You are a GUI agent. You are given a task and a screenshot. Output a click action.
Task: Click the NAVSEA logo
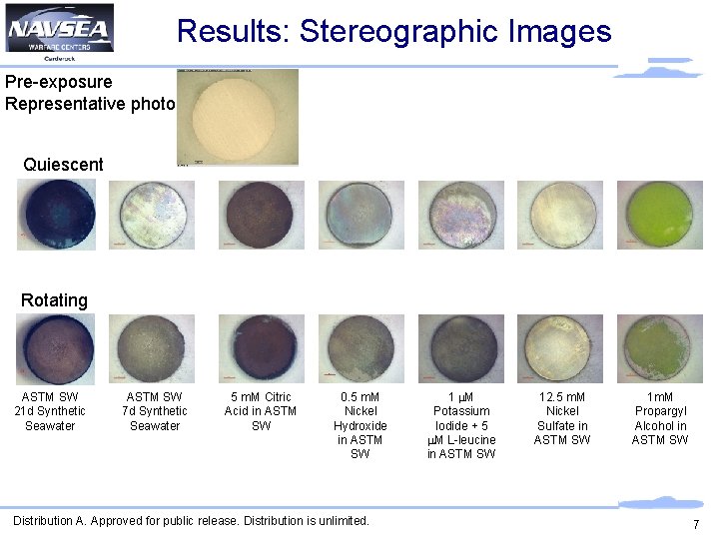tap(60, 30)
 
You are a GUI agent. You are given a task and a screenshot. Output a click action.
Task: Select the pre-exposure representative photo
tap(238, 117)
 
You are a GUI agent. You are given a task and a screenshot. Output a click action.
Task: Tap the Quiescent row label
tap(63, 165)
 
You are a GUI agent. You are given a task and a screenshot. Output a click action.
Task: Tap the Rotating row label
tap(54, 300)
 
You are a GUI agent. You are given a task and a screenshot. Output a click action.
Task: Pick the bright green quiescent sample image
tap(660, 215)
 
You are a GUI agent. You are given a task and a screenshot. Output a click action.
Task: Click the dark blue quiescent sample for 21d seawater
tap(56, 215)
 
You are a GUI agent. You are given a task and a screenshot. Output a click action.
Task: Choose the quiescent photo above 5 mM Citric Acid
tap(261, 215)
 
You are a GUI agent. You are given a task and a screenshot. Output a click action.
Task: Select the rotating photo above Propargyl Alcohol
tap(660, 349)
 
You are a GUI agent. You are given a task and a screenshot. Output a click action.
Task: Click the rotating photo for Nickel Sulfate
tap(561, 349)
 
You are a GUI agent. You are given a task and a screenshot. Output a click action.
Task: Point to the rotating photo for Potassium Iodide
tap(461, 349)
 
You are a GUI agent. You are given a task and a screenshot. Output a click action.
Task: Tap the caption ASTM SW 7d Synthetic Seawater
tap(155, 411)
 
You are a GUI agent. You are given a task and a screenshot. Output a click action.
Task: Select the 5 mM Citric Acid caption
tap(261, 411)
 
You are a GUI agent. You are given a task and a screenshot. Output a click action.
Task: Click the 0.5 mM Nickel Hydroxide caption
tap(360, 425)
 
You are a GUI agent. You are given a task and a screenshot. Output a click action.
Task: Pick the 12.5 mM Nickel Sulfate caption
tap(561, 418)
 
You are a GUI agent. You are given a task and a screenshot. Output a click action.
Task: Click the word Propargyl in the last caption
tap(660, 411)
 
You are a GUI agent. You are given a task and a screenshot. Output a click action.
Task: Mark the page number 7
tap(695, 526)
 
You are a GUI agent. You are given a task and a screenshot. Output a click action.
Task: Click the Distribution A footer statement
tap(191, 520)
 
